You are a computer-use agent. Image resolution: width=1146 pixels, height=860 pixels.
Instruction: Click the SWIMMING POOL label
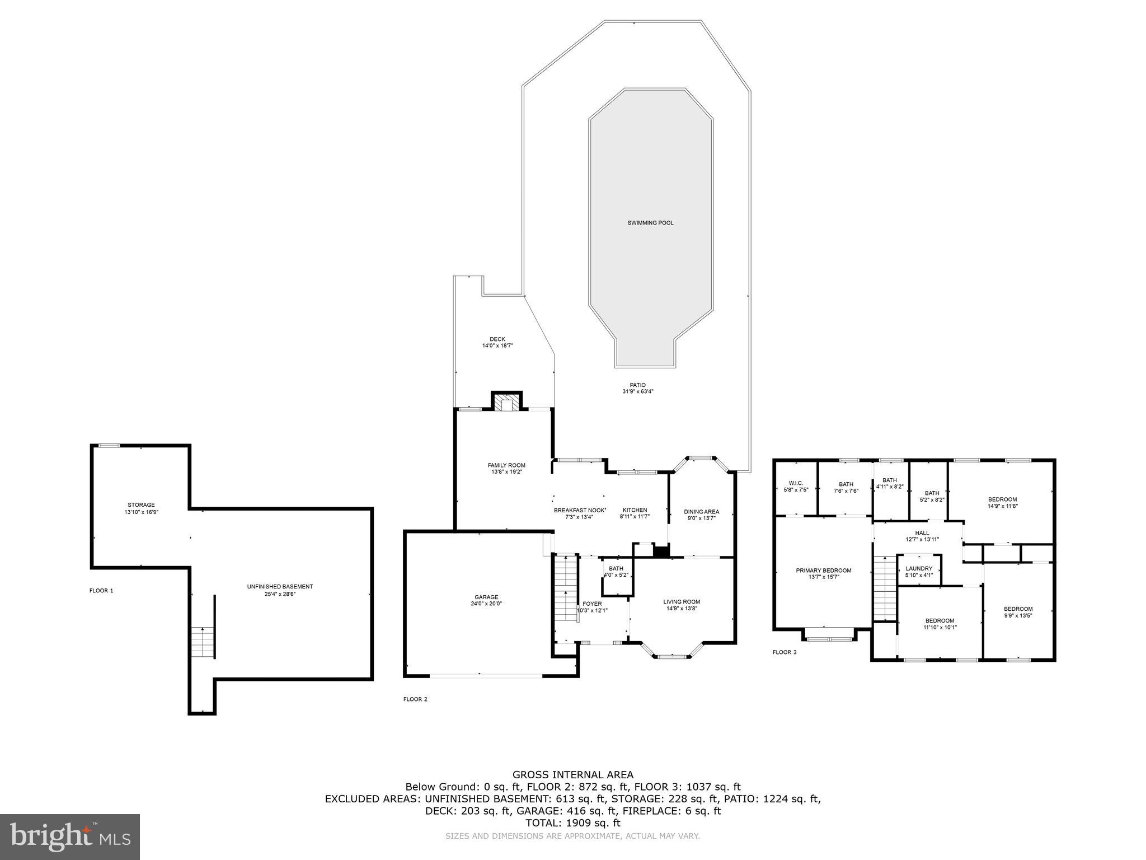pyautogui.click(x=650, y=223)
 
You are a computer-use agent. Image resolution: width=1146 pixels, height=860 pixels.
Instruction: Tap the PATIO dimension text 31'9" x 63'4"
pyautogui.click(x=637, y=392)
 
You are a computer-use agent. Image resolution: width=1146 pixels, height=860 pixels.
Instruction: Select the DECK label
pyautogui.click(x=497, y=339)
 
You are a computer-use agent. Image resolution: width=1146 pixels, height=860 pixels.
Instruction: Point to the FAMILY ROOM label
pyautogui.click(x=506, y=465)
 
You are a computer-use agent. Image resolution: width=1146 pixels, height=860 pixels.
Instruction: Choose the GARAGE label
pyautogui.click(x=486, y=597)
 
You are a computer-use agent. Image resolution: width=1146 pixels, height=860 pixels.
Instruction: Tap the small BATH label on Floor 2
pyautogui.click(x=616, y=568)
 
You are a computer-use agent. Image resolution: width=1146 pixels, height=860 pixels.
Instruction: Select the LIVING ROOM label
pyautogui.click(x=682, y=602)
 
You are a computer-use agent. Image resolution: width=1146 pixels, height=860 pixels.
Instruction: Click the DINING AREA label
pyautogui.click(x=701, y=512)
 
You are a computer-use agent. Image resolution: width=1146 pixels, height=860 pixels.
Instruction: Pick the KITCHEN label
pyautogui.click(x=635, y=510)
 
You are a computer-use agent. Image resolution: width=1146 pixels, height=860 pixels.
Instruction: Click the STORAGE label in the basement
pyautogui.click(x=141, y=505)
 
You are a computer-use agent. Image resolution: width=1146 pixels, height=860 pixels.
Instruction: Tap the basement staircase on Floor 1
pyautogui.click(x=203, y=642)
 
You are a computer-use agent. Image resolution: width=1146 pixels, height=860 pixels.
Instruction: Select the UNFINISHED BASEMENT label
pyautogui.click(x=280, y=587)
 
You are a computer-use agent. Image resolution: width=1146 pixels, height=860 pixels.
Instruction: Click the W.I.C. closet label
pyautogui.click(x=796, y=483)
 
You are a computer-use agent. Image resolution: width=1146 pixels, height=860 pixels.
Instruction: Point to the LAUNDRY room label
pyautogui.click(x=919, y=568)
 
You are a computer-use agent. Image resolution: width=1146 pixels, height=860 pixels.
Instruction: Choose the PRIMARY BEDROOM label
pyautogui.click(x=823, y=571)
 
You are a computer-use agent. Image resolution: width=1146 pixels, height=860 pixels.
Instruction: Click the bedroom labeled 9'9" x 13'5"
pyautogui.click(x=1018, y=609)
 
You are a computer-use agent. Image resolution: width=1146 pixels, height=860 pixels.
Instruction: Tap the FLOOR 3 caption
pyautogui.click(x=784, y=652)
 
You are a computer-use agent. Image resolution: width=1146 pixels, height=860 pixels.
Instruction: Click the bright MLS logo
pyautogui.click(x=70, y=836)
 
